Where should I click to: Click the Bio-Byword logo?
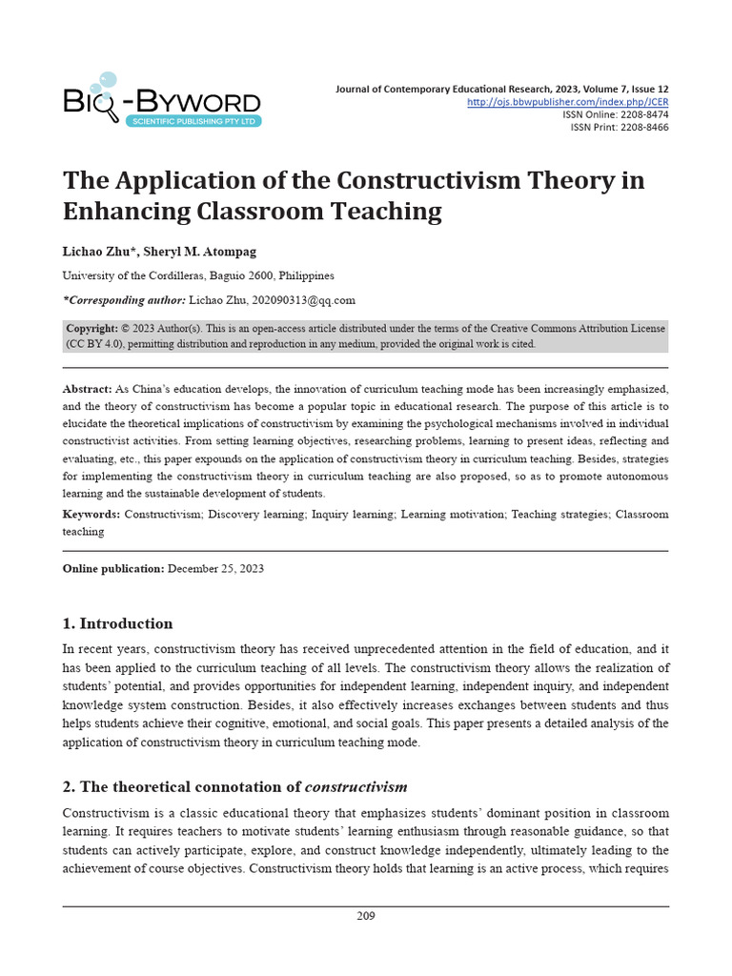pyautogui.click(x=161, y=99)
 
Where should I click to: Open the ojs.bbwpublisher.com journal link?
pyautogui.click(x=567, y=102)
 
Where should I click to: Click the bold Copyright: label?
pyautogui.click(x=92, y=328)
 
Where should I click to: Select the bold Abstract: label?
pyautogui.click(x=87, y=390)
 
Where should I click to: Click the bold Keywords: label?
pyautogui.click(x=91, y=514)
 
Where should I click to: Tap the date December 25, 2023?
pyautogui.click(x=216, y=569)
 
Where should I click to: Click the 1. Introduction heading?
pyautogui.click(x=117, y=624)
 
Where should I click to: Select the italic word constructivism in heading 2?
pyautogui.click(x=356, y=787)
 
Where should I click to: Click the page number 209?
pyautogui.click(x=366, y=916)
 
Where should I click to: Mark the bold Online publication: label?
pyautogui.click(x=113, y=569)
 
